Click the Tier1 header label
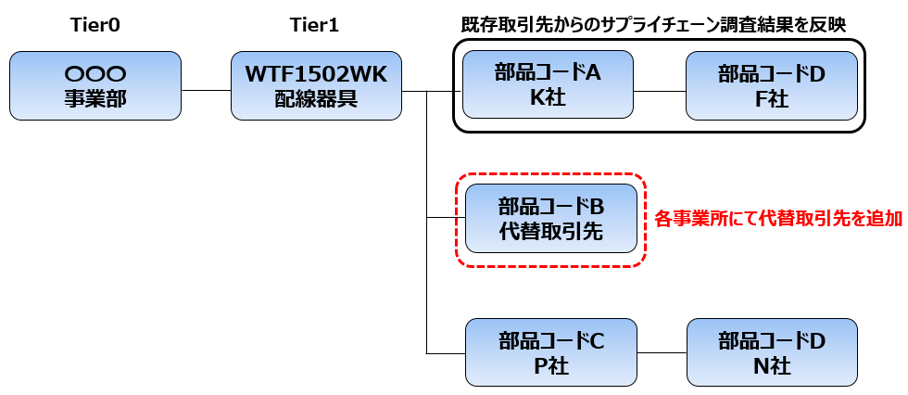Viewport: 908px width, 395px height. pos(316,25)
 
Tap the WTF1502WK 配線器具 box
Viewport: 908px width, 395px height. pos(316,85)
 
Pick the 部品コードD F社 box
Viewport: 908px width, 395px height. pos(771,85)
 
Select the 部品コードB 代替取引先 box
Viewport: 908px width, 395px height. pos(551,218)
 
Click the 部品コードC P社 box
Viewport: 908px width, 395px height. pos(551,352)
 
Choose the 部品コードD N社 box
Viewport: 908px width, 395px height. pos(771,352)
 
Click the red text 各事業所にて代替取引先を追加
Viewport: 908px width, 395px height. pos(778,219)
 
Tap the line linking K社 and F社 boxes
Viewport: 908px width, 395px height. pos(659,91)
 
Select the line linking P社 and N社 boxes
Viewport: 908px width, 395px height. pos(662,353)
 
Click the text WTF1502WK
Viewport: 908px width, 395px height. pos(316,73)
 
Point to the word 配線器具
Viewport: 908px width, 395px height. pos(316,99)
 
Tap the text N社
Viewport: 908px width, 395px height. pos(771,366)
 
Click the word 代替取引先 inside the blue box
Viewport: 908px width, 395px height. pos(551,232)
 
